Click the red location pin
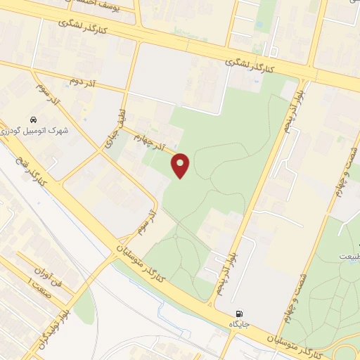tap(181, 166)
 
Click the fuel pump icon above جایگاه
tap(239, 314)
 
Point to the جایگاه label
tap(239, 324)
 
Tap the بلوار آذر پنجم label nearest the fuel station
tap(235, 243)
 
